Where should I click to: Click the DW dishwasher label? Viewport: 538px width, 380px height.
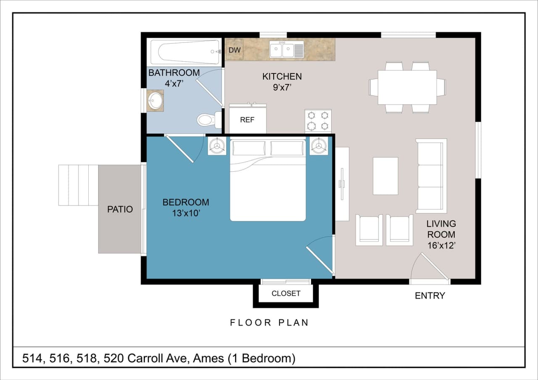coord(235,50)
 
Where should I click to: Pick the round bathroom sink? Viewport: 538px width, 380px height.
coord(155,101)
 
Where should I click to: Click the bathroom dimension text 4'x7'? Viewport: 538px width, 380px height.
coord(174,84)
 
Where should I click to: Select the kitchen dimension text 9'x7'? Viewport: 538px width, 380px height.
coord(282,88)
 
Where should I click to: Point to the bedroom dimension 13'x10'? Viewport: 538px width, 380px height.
coord(186,213)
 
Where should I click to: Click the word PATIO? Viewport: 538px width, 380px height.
coord(120,210)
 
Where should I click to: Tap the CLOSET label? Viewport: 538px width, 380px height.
coord(286,294)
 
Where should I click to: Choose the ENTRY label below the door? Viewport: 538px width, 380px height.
coord(430,296)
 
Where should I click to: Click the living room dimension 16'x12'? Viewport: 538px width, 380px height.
coord(441,245)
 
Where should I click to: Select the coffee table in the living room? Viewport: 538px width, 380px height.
coord(385,176)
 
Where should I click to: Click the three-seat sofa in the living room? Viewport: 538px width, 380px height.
coord(431,176)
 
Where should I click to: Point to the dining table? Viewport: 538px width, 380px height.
coord(407,87)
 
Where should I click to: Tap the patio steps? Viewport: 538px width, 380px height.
coord(78,185)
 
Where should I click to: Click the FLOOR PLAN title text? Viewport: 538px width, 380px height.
coord(269,322)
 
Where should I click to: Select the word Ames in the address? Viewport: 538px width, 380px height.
coord(208,359)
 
